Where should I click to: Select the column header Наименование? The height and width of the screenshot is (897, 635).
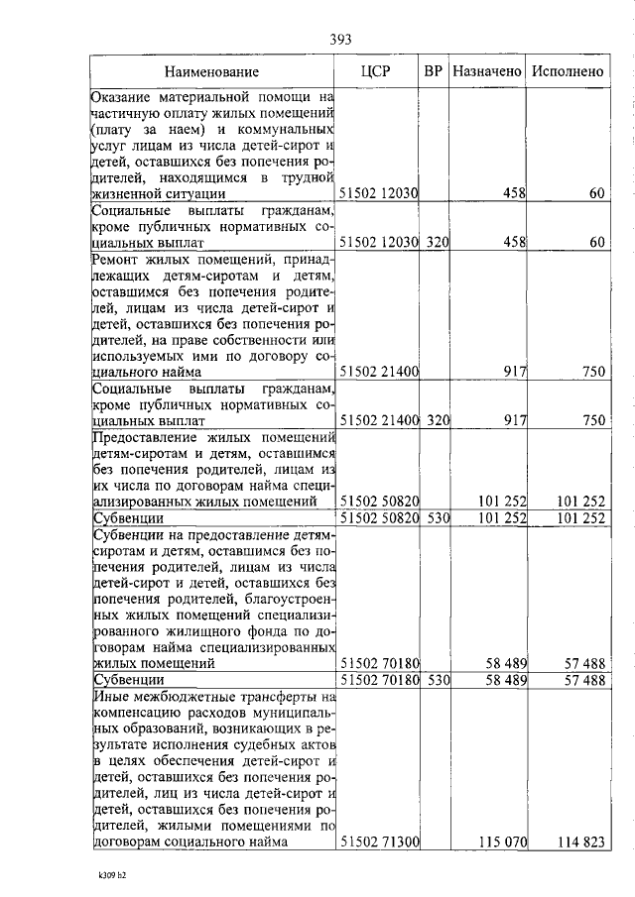[211, 71]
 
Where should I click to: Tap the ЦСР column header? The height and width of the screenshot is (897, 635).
[377, 71]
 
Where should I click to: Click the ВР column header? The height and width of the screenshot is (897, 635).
[433, 71]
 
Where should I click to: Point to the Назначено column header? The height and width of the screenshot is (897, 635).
[486, 71]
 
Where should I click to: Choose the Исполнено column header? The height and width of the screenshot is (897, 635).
[568, 71]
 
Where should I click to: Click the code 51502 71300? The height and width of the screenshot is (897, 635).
[380, 842]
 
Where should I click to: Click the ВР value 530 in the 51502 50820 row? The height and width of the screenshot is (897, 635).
[439, 517]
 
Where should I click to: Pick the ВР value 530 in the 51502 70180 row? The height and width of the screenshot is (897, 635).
[439, 680]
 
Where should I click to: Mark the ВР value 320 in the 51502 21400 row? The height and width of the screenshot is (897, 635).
[439, 420]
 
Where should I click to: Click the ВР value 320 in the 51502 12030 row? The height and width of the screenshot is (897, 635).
[439, 241]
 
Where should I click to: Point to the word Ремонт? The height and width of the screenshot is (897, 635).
[117, 260]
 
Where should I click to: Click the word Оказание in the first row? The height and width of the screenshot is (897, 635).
[123, 97]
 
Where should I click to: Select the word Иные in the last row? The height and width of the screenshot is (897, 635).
[109, 698]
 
